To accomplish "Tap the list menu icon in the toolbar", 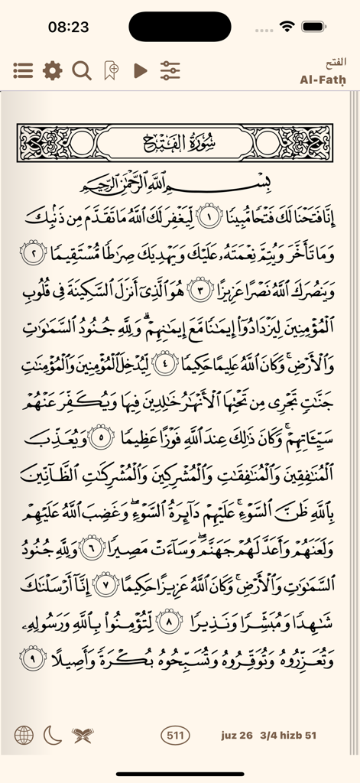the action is coord(23,71).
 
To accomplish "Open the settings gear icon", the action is coord(52,71).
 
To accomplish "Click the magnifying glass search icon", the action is coord(81,71).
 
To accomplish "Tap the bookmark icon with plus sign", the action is coord(112,71).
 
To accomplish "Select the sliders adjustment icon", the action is coord(170,71).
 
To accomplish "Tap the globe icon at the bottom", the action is coord(24,736).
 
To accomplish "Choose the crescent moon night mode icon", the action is coord(52,736).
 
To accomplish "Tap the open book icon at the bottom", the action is coord(82,736).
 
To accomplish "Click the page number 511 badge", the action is coord(176,736).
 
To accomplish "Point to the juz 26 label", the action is coord(235,736).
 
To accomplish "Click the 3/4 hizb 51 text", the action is coord(288,736).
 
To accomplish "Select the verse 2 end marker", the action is coord(33,252).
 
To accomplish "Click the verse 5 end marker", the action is coord(99,438).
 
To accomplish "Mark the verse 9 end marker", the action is coord(33,659).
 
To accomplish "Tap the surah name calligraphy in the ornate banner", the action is coord(180,141).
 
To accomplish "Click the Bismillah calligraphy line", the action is coord(180,184).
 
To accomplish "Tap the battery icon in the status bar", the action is coord(313,26).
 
